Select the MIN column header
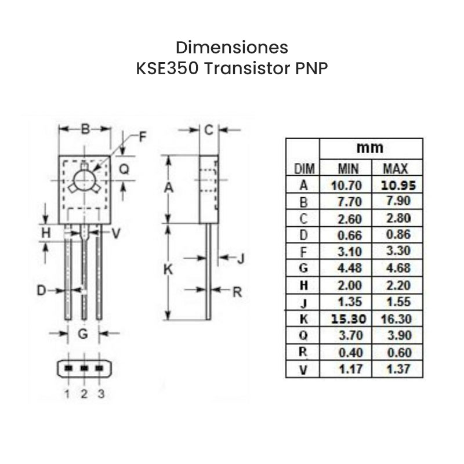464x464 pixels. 348,169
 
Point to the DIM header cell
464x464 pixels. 303,169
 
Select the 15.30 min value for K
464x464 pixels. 348,319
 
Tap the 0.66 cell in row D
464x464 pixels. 348,235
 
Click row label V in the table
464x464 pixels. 303,369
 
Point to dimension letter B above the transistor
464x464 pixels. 85,129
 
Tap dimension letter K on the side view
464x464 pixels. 168,270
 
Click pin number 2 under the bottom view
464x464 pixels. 84,394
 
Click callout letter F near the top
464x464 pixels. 143,137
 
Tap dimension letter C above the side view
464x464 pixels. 209,129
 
